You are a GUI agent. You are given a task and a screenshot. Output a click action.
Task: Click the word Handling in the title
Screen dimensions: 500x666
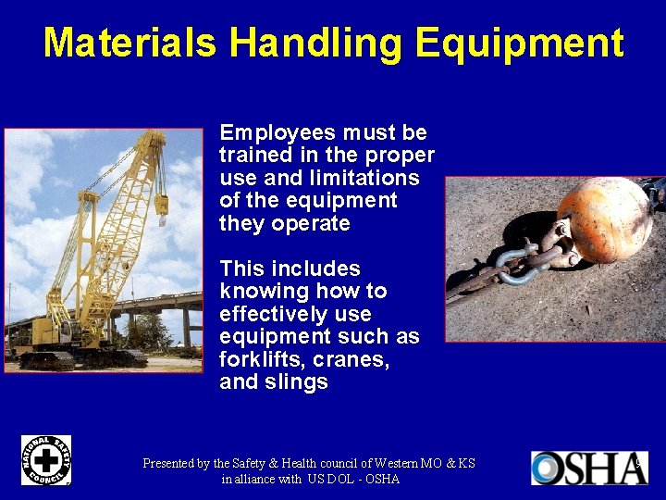tap(315, 44)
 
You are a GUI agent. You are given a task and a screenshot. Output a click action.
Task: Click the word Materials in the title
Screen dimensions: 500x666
tap(130, 44)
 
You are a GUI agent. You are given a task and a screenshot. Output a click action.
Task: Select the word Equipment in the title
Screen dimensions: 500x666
tap(519, 44)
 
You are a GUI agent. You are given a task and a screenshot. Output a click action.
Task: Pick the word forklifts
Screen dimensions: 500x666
tap(262, 359)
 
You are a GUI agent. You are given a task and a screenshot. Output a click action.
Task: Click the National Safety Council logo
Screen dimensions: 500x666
tap(46, 460)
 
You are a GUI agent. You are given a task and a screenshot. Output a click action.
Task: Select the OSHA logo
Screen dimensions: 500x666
tap(588, 468)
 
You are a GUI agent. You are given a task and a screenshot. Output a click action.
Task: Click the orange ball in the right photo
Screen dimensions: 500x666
tap(604, 219)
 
